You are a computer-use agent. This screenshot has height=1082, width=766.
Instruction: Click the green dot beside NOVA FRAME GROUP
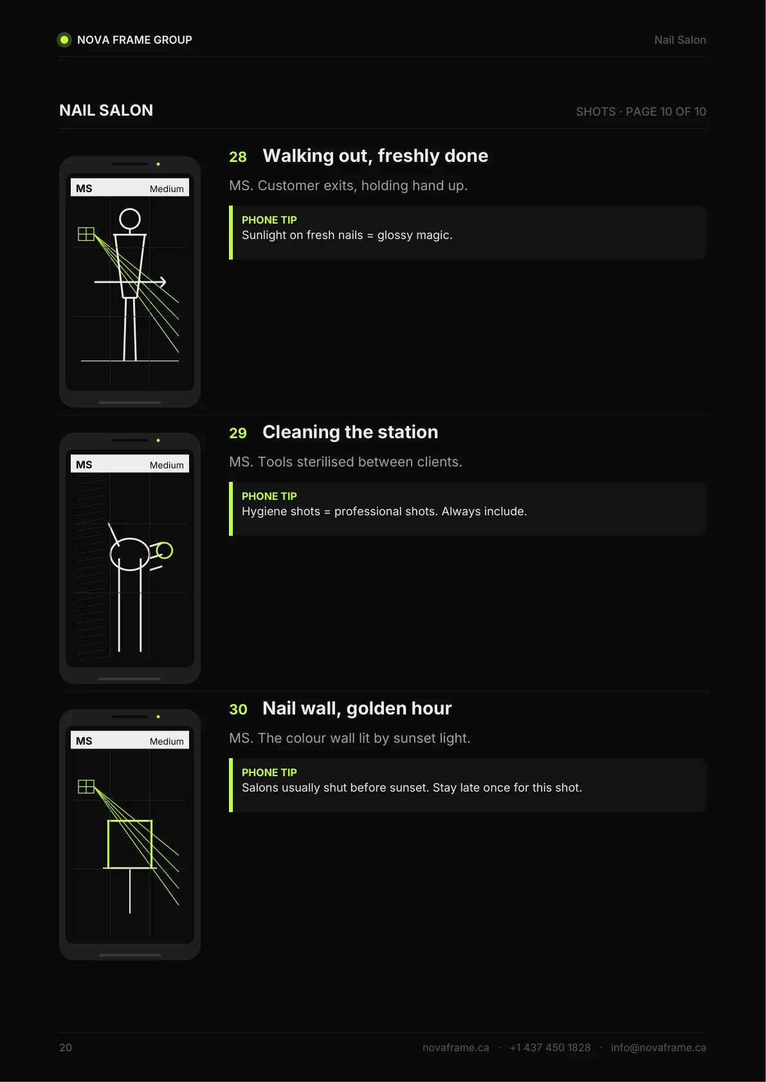(64, 40)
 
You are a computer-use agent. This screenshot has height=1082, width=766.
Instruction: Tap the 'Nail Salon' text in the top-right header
(680, 40)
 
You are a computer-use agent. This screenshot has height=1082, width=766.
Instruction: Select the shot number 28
(238, 157)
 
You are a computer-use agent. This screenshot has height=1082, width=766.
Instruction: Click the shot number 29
(238, 433)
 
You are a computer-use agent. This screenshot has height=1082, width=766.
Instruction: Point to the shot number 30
(238, 709)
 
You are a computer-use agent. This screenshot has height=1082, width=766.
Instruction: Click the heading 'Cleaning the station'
(350, 432)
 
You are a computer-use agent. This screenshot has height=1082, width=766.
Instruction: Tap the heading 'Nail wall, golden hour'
(357, 709)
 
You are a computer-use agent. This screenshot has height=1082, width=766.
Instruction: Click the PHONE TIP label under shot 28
(269, 220)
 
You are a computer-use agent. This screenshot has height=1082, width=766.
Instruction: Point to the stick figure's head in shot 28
(130, 219)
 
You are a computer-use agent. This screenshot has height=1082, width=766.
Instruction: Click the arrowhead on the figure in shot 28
(163, 281)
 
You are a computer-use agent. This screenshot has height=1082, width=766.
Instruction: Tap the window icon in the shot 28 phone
(86, 235)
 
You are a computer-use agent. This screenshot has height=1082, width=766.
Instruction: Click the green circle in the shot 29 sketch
(165, 551)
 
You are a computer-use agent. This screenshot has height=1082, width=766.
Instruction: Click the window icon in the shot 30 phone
(86, 787)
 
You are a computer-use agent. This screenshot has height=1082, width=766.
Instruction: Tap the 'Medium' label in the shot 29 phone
(167, 465)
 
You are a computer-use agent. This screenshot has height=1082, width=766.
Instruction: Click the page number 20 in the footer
(66, 1047)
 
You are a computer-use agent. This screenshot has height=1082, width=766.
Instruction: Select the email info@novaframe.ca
(658, 1047)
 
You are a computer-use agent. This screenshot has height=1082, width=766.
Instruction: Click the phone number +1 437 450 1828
(551, 1047)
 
